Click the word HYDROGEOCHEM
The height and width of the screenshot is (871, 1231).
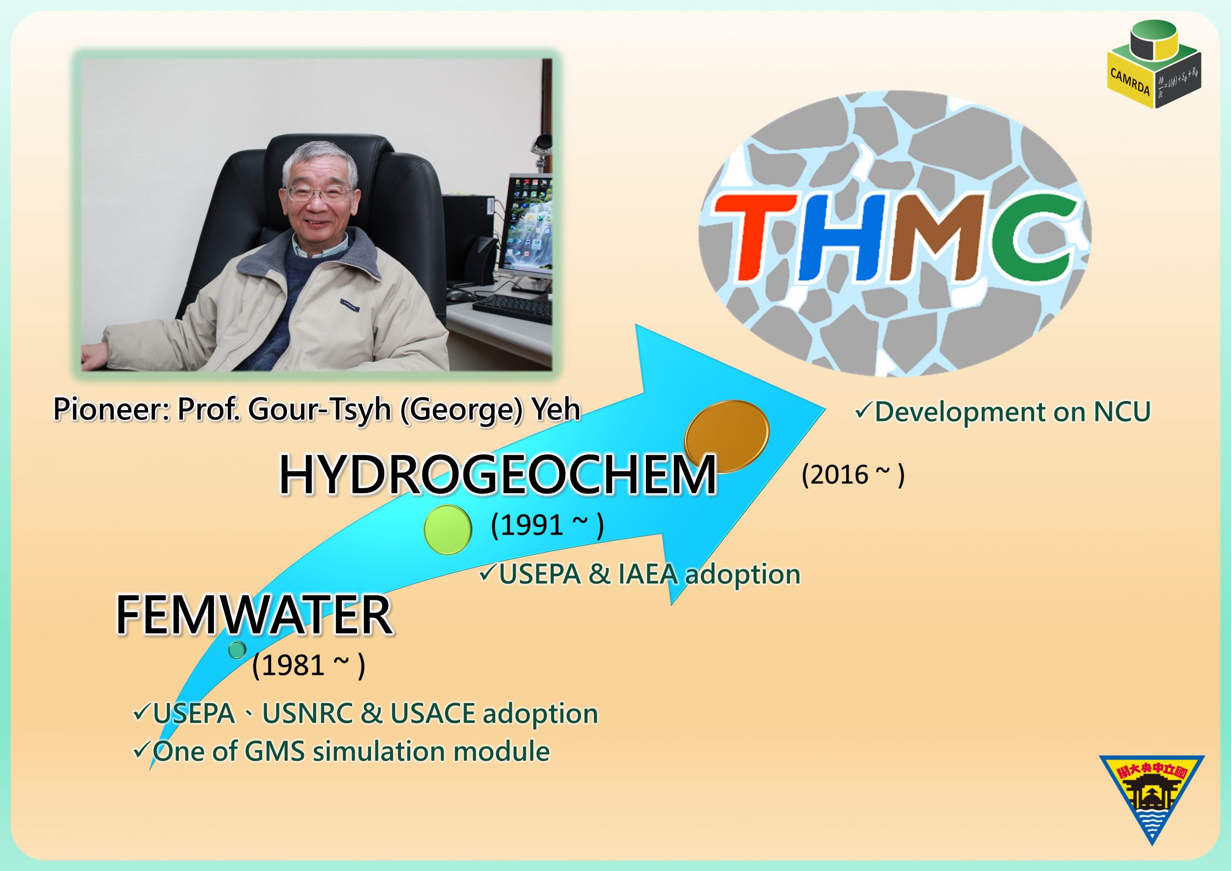498,475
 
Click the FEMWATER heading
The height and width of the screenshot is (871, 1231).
254,615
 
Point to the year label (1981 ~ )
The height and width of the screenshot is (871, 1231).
308,666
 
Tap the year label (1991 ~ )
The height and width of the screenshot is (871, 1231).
547,525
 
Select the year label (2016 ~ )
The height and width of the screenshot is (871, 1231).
853,475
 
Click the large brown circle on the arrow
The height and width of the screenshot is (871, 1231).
727,436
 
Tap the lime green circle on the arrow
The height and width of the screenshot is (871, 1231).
448,530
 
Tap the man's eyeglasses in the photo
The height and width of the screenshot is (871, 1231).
317,192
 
